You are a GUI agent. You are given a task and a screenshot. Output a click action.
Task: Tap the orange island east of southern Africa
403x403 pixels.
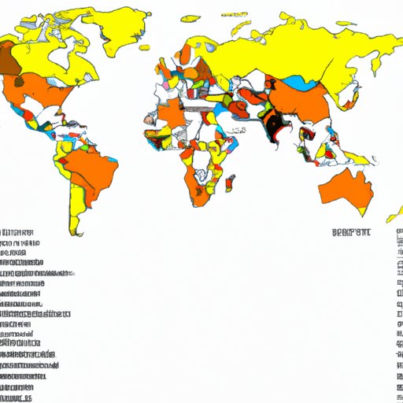pos(229,183)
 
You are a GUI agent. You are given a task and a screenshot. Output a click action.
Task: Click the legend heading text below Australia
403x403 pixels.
pos(350,231)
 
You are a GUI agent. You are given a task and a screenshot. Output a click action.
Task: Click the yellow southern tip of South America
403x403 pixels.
pos(75,224)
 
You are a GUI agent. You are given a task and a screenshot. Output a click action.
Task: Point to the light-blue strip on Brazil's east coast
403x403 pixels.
pos(115,161)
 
